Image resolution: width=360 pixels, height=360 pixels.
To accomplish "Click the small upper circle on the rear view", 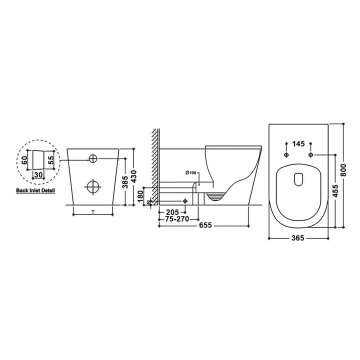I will (x=93, y=159).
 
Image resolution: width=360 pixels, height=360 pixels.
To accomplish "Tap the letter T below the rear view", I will (x=93, y=213).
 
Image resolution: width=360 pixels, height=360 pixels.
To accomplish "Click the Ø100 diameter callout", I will (x=190, y=173).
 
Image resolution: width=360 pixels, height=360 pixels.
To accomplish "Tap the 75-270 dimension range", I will (x=177, y=218).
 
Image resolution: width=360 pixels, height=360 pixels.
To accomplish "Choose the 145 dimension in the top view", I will (x=298, y=144).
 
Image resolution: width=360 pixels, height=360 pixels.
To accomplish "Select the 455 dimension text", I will (x=336, y=190).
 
